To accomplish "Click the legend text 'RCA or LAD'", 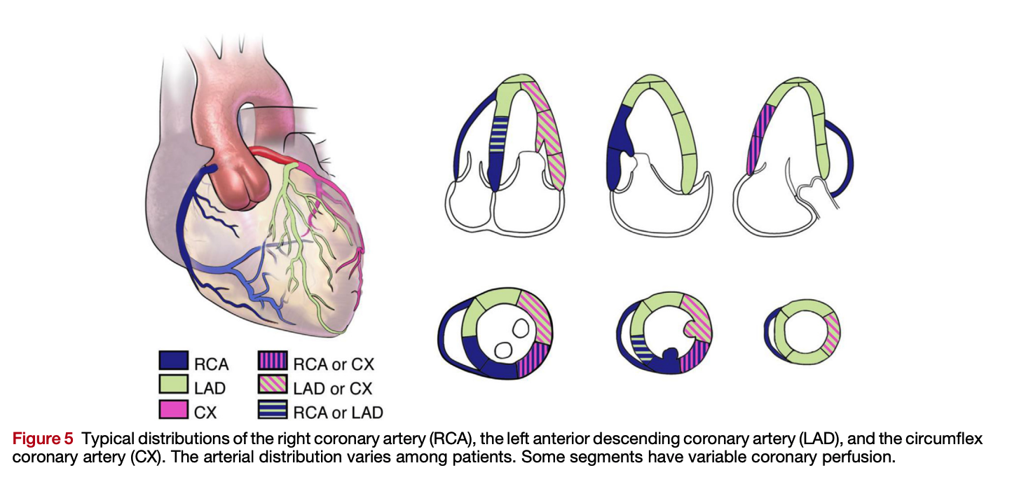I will click(x=338, y=412).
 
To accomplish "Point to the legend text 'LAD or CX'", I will click(x=334, y=387).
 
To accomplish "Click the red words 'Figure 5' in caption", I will click(x=42, y=440).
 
